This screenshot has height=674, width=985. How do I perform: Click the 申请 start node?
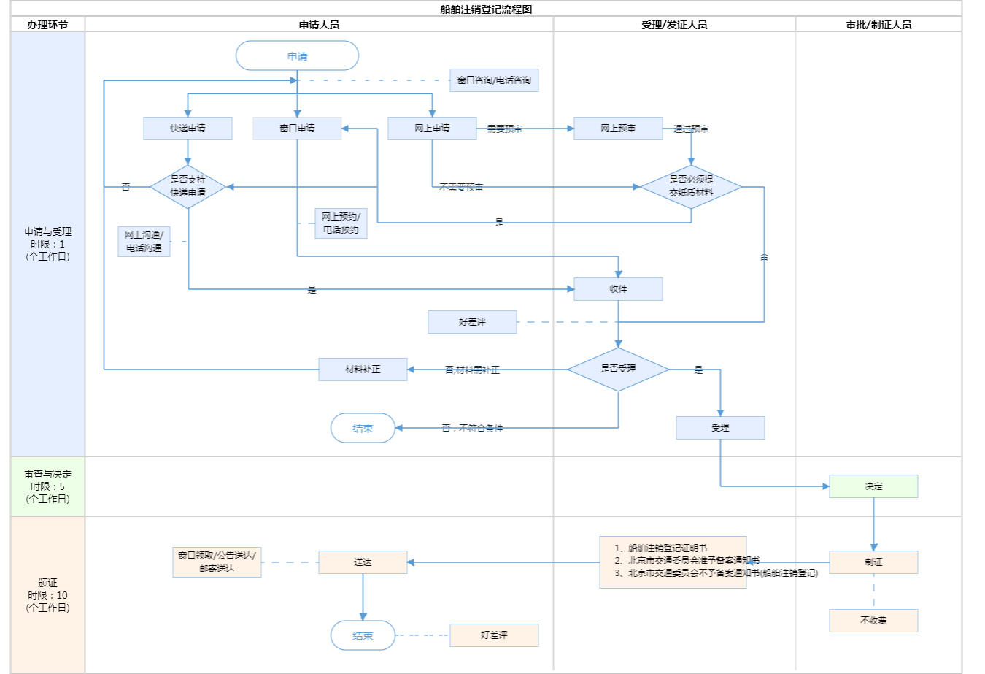point(297,56)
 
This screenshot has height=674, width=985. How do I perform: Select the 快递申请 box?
point(188,129)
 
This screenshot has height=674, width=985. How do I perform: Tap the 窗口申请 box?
point(297,129)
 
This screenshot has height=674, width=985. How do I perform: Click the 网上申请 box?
point(432,129)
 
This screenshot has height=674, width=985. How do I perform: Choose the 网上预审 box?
point(618,129)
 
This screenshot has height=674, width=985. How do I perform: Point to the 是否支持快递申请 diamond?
point(188,186)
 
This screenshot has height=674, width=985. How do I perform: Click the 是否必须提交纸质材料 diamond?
point(691,186)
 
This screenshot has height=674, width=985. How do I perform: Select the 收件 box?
point(618,289)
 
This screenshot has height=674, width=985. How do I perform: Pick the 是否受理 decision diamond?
point(618,369)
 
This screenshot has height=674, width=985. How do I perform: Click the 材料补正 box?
point(363,369)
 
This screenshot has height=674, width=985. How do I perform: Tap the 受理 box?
point(720,428)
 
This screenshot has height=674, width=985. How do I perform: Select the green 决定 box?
point(873,486)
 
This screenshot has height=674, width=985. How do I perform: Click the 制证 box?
point(873,562)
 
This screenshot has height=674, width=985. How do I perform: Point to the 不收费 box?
point(873,621)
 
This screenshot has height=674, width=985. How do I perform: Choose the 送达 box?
point(363,562)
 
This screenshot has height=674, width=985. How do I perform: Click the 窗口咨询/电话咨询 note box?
point(494,80)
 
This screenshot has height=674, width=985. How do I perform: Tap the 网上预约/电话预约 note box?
point(341,223)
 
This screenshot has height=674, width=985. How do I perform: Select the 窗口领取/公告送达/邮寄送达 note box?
point(217,562)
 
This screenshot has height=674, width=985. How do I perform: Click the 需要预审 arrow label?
point(504,129)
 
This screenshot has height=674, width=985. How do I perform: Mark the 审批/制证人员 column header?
point(878,25)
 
